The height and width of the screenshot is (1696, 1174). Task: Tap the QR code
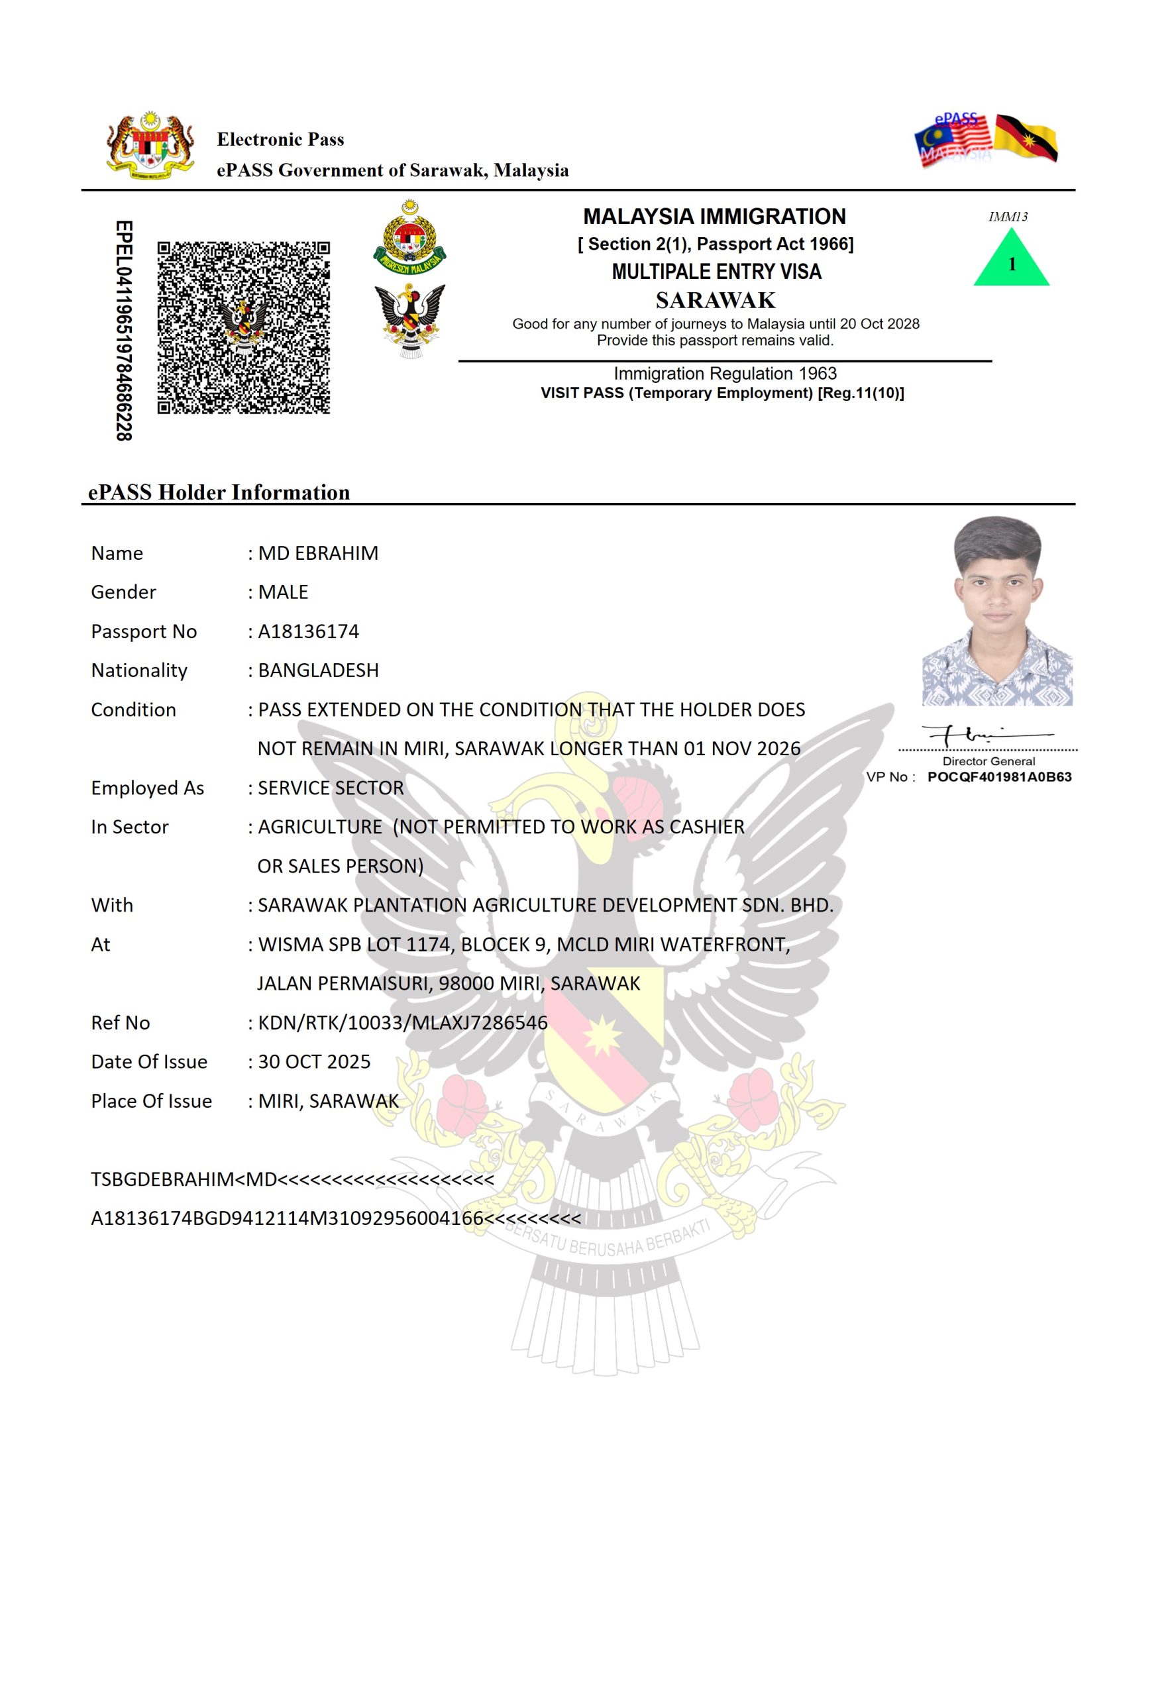point(244,327)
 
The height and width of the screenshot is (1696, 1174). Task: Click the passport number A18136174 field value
point(308,631)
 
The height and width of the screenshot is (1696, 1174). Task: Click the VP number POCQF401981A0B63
point(999,776)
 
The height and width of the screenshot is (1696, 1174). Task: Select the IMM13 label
point(1007,216)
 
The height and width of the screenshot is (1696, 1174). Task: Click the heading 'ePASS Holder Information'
point(219,492)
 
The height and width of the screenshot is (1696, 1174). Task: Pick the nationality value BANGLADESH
point(318,670)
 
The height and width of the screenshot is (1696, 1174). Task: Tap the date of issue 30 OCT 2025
point(314,1061)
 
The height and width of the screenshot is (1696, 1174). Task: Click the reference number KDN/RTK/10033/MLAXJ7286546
point(402,1022)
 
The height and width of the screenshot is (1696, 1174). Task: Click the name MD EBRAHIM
point(318,553)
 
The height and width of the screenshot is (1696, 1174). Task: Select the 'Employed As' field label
point(147,788)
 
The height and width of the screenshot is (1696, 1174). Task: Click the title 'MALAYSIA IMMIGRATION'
point(714,216)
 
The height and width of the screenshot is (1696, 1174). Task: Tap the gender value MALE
point(283,592)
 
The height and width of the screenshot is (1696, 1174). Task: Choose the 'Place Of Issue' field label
point(151,1101)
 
